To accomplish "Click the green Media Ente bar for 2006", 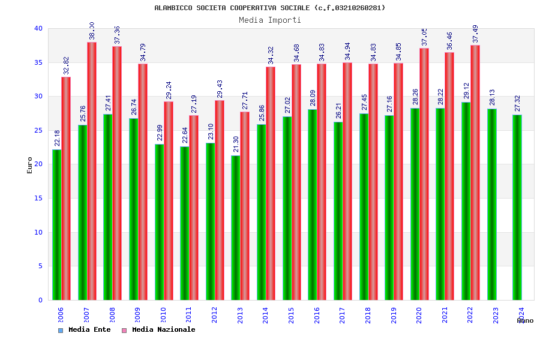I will [x=56, y=224].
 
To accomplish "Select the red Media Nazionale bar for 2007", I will [x=92, y=171].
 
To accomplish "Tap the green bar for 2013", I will [x=236, y=227].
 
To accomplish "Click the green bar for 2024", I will [x=517, y=207].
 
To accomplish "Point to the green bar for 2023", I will [x=492, y=204].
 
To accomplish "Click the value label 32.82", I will [x=66, y=66].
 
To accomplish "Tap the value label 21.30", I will [x=236, y=145].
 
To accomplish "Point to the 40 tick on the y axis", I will [x=38, y=28].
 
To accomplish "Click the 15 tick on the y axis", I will [x=38, y=198].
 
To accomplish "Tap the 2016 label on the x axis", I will [x=317, y=316].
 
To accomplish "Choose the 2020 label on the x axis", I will [x=419, y=316].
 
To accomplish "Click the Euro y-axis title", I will [x=30, y=165].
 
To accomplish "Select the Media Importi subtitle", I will [x=270, y=20].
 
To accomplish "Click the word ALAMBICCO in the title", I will [x=173, y=8].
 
